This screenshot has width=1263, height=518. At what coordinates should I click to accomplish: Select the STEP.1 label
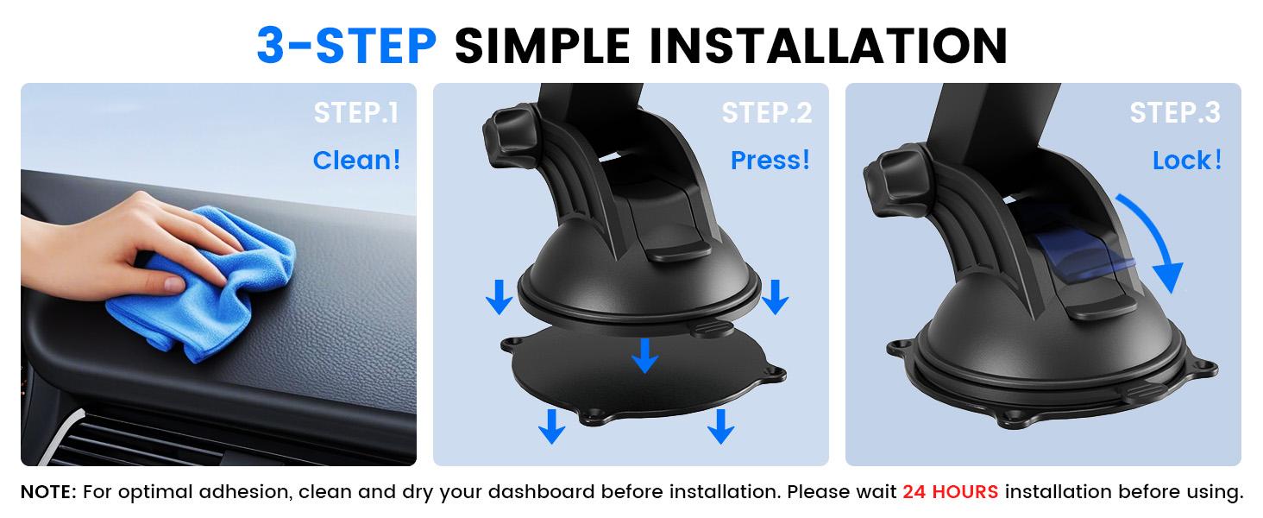(x=356, y=113)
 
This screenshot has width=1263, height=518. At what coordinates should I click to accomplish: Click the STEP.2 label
(x=767, y=113)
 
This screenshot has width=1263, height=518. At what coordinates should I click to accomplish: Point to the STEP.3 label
(x=1175, y=113)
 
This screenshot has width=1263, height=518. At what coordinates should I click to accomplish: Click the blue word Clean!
(x=356, y=160)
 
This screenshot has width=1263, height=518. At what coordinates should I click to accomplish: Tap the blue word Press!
(x=770, y=160)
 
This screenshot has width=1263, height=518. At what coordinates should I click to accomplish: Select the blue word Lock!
(x=1187, y=160)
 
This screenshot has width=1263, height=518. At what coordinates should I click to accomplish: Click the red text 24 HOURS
(x=950, y=492)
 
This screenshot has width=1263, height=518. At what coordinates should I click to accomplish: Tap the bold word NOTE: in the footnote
(x=49, y=492)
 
